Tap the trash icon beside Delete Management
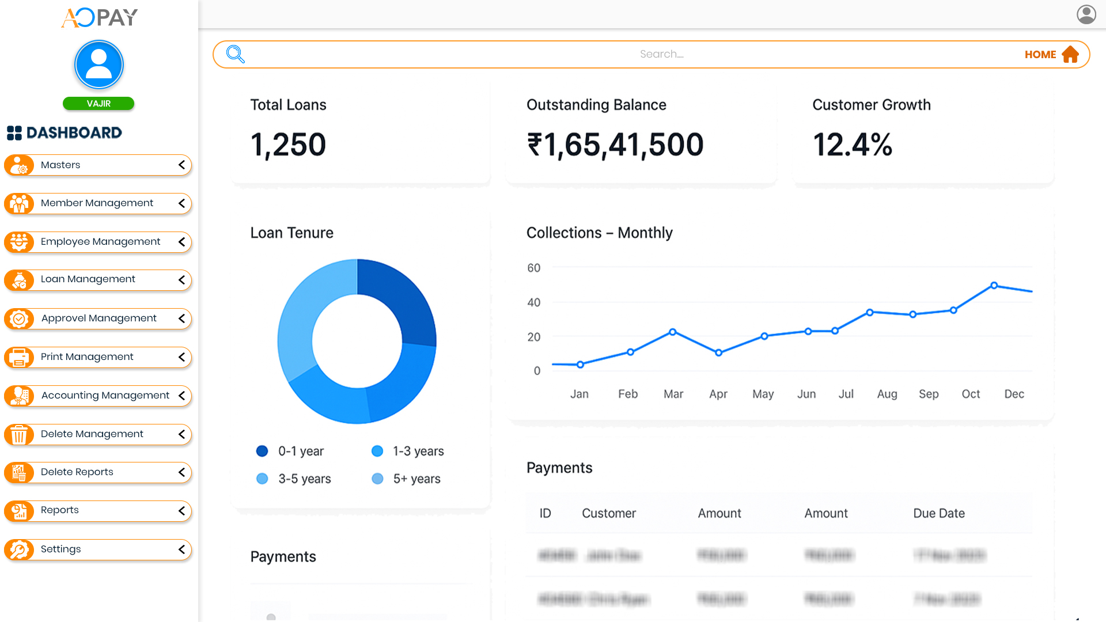click(19, 434)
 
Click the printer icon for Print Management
click(19, 357)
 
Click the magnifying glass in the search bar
click(236, 54)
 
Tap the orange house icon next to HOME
click(1070, 55)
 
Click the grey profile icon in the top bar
click(1086, 14)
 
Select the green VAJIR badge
click(99, 104)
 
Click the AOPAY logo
click(99, 18)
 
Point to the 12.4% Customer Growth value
click(853, 145)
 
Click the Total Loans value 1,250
click(288, 145)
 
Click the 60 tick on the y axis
click(534, 268)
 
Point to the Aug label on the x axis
click(887, 394)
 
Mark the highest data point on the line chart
click(994, 285)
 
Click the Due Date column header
click(939, 513)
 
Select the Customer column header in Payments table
click(609, 513)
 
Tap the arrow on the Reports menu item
click(181, 511)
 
